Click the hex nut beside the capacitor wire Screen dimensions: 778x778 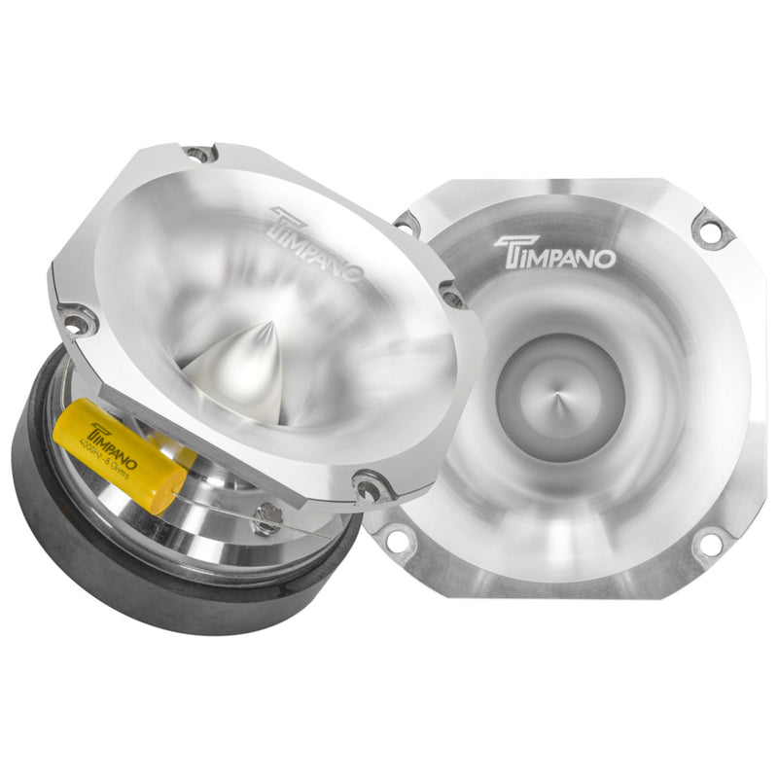pos(262,521)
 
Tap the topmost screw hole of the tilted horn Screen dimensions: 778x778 pos(198,154)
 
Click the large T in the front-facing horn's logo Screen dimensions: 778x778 pos(509,255)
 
